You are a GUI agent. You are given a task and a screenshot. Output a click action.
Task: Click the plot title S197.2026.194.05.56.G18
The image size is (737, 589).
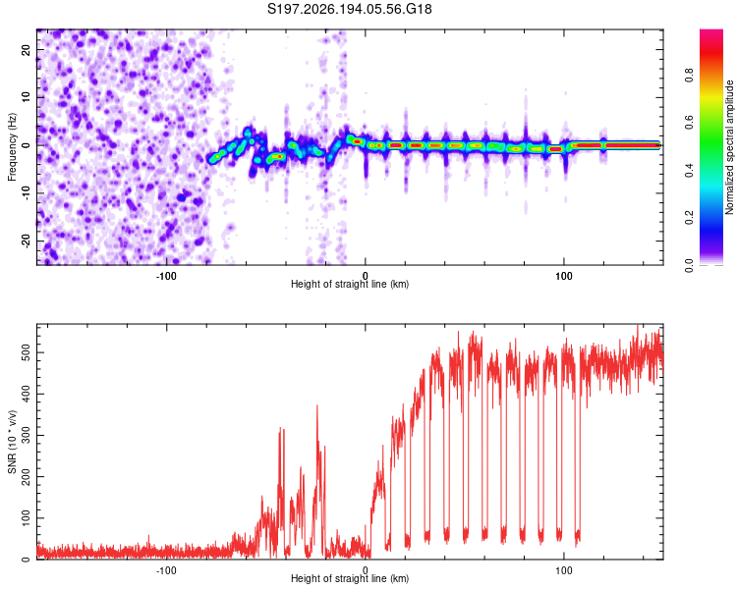(349, 9)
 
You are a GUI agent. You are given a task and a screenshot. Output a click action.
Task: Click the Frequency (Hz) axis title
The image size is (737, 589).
(12, 147)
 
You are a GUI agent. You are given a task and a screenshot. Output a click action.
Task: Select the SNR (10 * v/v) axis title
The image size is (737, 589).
(12, 442)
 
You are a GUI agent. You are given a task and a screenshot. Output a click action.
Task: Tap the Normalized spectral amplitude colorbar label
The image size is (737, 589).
(729, 147)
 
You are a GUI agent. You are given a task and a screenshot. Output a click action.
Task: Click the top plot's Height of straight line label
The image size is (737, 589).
(350, 284)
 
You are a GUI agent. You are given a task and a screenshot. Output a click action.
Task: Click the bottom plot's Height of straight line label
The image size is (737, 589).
(350, 578)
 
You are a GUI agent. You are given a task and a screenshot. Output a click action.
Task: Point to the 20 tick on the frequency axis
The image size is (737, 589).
(27, 49)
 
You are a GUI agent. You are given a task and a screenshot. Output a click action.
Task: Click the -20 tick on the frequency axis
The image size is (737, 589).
(27, 241)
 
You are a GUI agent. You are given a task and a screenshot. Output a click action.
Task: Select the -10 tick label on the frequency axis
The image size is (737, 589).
(27, 193)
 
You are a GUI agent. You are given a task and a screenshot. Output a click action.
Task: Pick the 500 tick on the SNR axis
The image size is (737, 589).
(27, 352)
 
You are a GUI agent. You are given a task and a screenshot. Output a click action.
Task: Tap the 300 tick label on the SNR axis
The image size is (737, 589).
(27, 436)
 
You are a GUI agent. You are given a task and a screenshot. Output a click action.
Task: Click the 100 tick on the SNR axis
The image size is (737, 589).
(27, 518)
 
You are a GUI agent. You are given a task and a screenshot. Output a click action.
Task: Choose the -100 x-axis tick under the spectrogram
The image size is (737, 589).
(165, 276)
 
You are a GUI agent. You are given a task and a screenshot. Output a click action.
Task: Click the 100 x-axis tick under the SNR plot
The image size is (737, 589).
(564, 570)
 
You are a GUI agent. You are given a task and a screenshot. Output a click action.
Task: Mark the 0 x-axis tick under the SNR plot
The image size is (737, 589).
(366, 570)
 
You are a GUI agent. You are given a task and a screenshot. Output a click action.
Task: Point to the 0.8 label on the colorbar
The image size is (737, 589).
(689, 76)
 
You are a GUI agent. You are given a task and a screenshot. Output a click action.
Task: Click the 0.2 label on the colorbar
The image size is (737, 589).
(689, 218)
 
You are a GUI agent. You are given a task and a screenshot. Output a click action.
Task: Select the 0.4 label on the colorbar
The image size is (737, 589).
(689, 170)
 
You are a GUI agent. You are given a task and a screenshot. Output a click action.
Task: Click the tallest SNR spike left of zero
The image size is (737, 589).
(317, 405)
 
